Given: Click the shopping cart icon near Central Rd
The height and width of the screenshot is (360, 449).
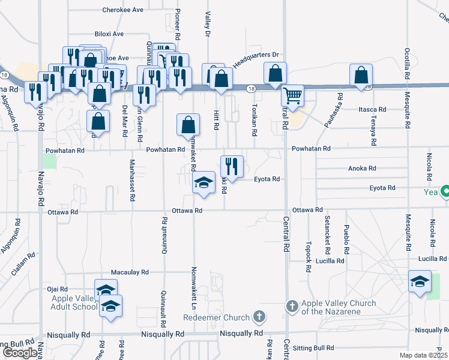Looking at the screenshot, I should pos(292,95).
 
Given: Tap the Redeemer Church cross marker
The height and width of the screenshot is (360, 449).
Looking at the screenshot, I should pos(259,316).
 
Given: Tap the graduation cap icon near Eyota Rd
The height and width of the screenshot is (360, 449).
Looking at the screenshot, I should pos(204,182).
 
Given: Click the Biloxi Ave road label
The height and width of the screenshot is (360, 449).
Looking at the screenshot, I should pos(109,34).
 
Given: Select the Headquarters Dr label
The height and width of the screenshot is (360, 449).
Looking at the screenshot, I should pos(256,59).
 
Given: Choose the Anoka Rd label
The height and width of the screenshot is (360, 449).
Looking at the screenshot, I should pos(362,169).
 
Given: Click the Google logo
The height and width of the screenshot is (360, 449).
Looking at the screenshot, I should pos(20,353).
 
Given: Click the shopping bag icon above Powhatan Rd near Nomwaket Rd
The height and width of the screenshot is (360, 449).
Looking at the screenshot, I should pos(188,125).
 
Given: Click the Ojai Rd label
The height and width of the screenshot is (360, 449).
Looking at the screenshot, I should pos(58,289).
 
